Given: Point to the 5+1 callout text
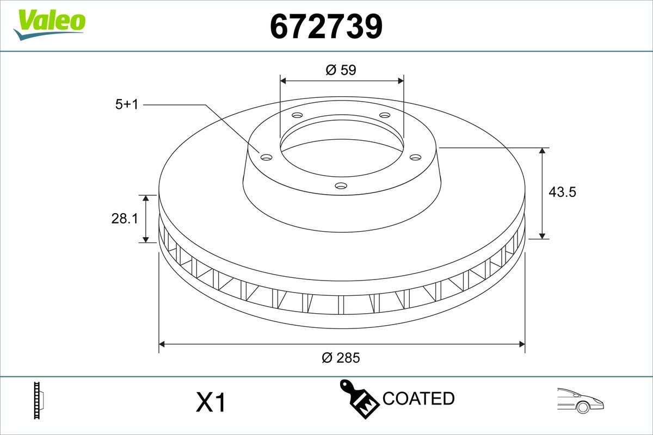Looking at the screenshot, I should [127, 104].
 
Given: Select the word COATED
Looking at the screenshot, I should [418, 399].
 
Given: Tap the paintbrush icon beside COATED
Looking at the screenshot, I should [359, 398].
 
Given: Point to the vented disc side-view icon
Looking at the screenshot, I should [38, 400].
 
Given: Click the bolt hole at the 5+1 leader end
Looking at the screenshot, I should [266, 157].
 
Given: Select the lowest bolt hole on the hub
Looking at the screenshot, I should [341, 186].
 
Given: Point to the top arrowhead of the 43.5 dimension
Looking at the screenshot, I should [543, 151].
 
